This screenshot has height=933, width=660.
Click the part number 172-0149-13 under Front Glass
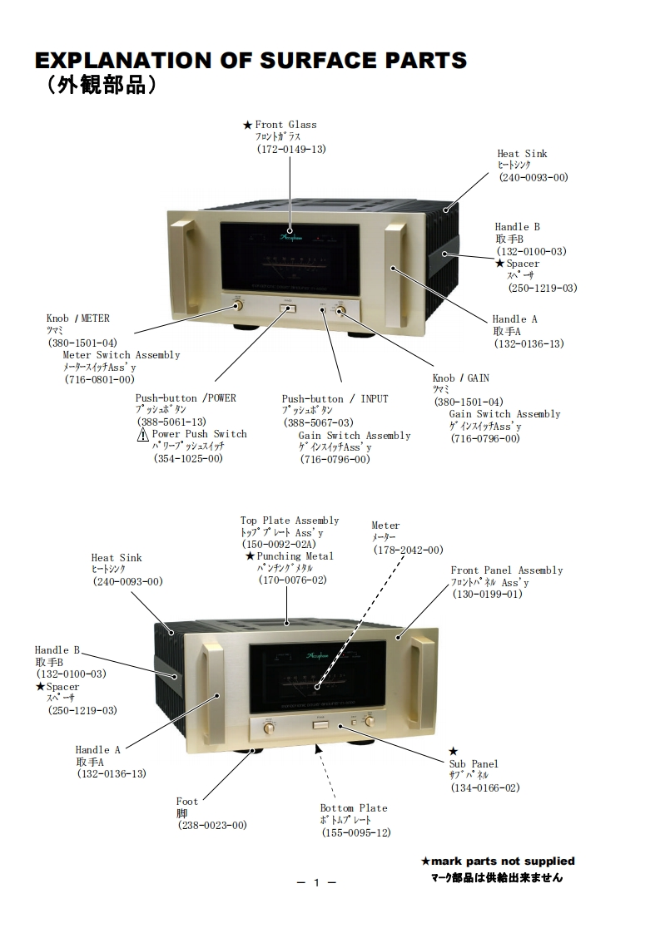(x=290, y=149)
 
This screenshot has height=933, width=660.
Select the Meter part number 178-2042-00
(x=408, y=550)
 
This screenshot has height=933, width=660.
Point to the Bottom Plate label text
(x=354, y=808)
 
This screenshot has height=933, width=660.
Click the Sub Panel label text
(x=474, y=764)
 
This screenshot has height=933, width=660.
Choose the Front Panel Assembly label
(x=506, y=570)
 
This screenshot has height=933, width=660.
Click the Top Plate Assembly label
(x=290, y=521)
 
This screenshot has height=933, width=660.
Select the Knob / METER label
(x=77, y=318)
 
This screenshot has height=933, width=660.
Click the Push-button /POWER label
(x=186, y=398)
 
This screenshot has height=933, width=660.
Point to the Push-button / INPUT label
(x=335, y=399)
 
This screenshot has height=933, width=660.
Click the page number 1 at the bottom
(x=316, y=883)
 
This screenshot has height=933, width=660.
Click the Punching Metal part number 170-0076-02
(x=292, y=580)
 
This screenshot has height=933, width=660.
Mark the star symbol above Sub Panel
(x=453, y=751)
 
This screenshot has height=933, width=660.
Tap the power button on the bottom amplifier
(x=320, y=724)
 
